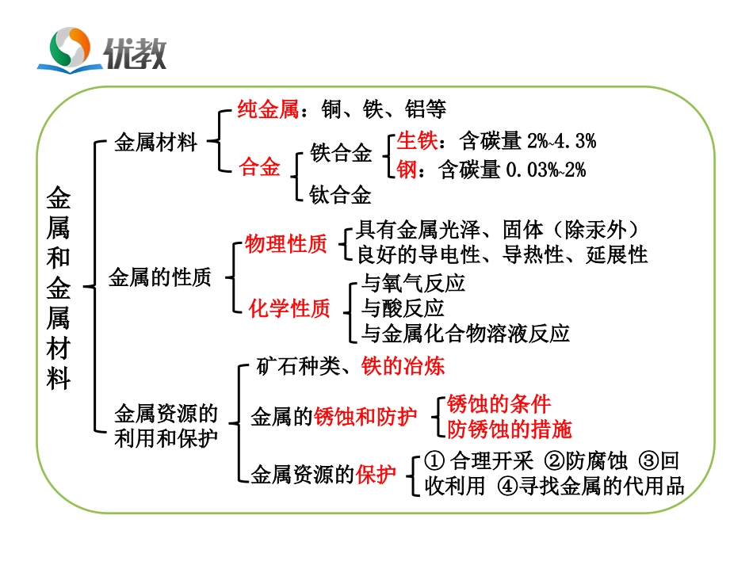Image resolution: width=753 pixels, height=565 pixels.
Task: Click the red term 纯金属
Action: [269, 109]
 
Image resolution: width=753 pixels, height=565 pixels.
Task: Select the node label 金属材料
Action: [155, 143]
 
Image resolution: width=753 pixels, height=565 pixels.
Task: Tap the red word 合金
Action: [259, 168]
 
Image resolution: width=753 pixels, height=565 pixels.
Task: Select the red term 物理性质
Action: [286, 245]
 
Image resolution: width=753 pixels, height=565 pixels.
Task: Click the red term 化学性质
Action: [289, 308]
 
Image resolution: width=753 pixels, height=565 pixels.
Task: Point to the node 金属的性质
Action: [159, 277]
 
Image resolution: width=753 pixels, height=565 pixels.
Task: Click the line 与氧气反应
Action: [413, 284]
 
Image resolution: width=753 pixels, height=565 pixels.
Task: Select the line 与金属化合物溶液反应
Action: [465, 333]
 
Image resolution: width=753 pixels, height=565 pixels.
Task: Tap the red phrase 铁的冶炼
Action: [403, 366]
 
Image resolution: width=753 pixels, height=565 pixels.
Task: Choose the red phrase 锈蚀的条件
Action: [499, 404]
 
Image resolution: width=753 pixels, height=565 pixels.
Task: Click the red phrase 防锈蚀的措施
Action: [509, 429]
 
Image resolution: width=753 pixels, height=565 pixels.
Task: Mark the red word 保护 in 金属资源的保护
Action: [376, 475]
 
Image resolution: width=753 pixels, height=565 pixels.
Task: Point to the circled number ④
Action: [507, 486]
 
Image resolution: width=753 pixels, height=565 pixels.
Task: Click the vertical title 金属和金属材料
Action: [59, 287]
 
